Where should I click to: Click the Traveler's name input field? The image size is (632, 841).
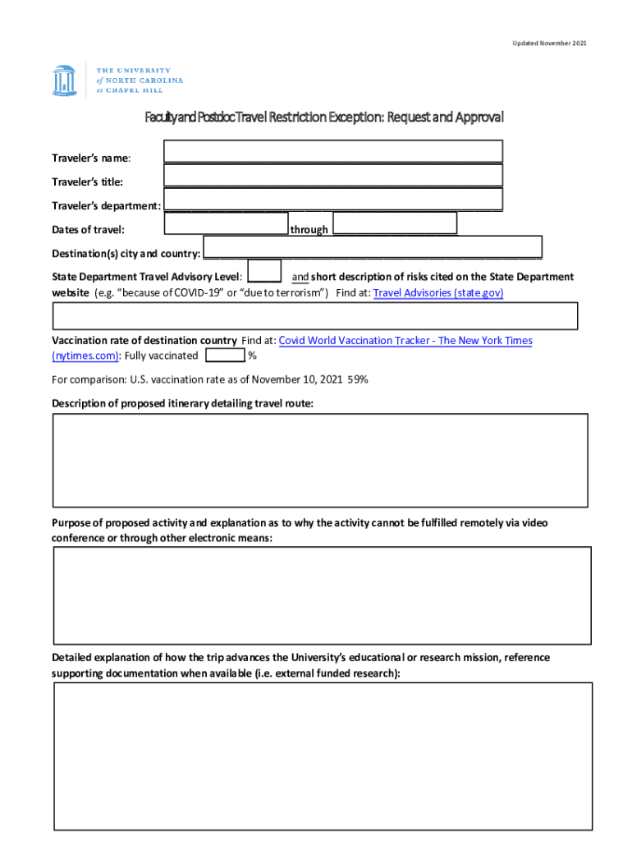tap(332, 151)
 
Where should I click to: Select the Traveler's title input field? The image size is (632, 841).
tap(332, 176)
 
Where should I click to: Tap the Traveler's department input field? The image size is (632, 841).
tap(332, 200)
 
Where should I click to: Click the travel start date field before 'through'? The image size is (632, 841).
tap(226, 223)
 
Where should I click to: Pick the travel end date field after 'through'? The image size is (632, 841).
tap(395, 223)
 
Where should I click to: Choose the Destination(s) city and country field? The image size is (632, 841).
tap(373, 247)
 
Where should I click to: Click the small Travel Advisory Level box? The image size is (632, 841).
tap(264, 271)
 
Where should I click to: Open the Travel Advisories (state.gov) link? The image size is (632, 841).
tap(438, 292)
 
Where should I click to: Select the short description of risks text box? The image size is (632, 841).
tap(315, 316)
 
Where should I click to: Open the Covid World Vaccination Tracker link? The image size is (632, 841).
tap(405, 340)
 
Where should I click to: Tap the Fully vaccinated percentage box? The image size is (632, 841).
tap(225, 356)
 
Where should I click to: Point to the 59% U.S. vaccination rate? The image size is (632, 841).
tap(358, 379)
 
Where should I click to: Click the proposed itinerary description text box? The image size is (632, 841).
tap(321, 460)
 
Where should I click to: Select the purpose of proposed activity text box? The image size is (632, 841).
tap(322, 595)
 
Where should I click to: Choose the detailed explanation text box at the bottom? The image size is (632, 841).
tap(323, 756)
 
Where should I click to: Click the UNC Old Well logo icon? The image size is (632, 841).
tap(64, 80)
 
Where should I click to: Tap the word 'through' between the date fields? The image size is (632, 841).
tap(309, 230)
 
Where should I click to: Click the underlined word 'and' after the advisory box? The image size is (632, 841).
tap(300, 277)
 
